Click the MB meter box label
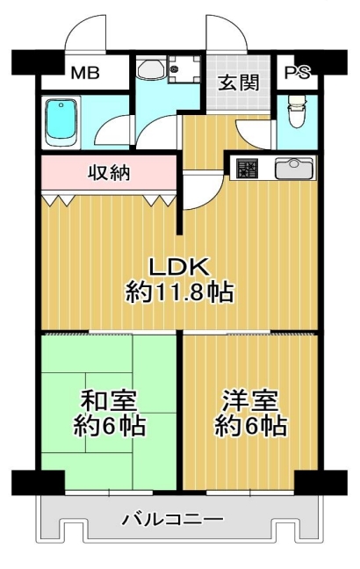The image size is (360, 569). (x=84, y=73)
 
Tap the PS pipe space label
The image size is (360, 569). (x=297, y=73)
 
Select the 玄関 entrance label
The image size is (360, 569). (x=239, y=83)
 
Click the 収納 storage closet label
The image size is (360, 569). (x=109, y=174)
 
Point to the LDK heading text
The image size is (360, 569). (x=180, y=268)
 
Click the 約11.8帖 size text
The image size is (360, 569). (x=180, y=292)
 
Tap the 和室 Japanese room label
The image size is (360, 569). (x=109, y=400)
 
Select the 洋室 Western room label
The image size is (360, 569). (x=250, y=400)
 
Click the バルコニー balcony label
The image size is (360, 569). (x=172, y=520)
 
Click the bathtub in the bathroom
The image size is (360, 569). (x=61, y=123)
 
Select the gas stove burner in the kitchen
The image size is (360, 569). (x=247, y=169)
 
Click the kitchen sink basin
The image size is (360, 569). (x=294, y=169)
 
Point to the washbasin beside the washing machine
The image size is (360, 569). (x=151, y=69)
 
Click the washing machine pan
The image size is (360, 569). (x=184, y=68)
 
